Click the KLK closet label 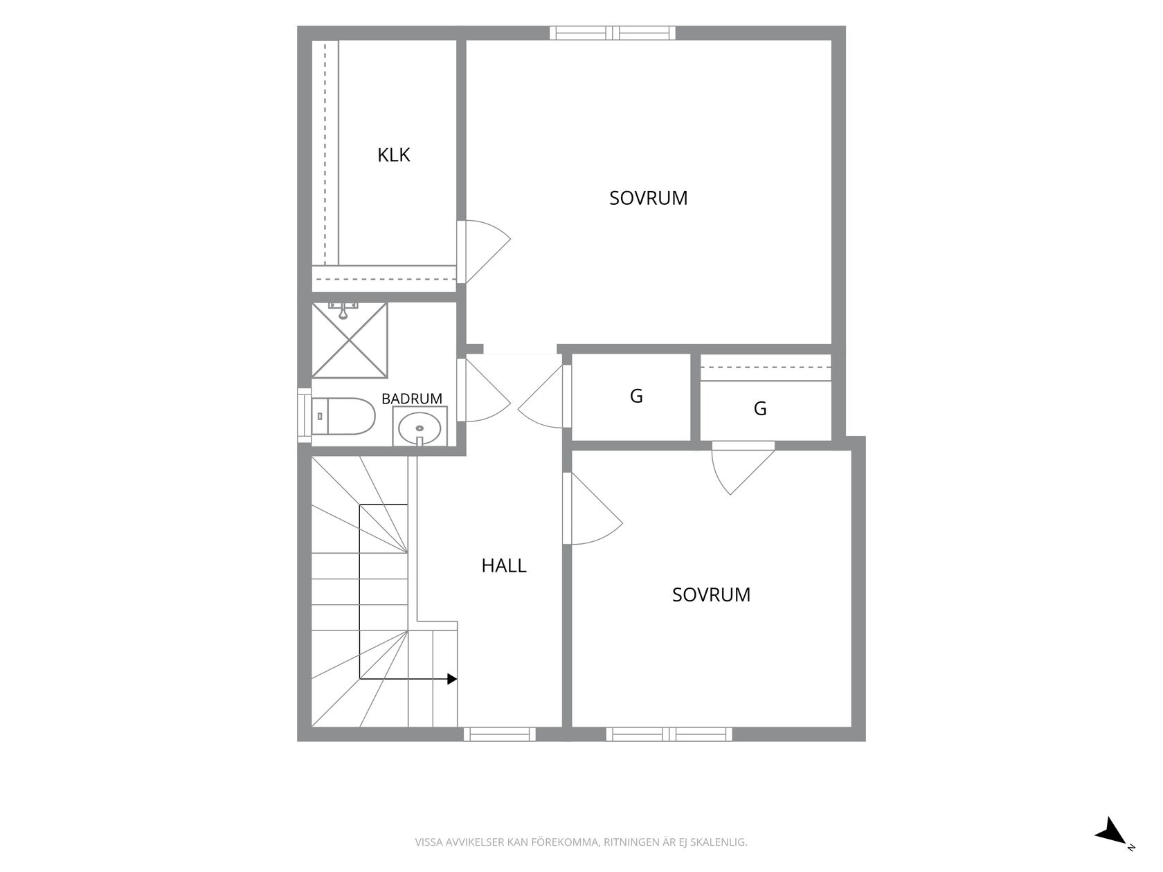pos(393,155)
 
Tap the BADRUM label pos(412,399)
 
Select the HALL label pos(503,566)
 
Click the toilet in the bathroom pos(343,416)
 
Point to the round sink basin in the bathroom pos(419,428)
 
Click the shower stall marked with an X pos(349,340)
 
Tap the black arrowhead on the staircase pos(452,679)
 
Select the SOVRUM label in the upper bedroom pos(648,198)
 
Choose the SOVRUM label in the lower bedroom pos(711,595)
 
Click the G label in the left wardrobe pos(636,396)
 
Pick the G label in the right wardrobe pos(760,408)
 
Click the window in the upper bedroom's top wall pos(613,33)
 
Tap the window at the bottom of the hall pos(500,734)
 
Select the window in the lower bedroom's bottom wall pos(669,734)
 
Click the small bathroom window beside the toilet pos(304,415)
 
